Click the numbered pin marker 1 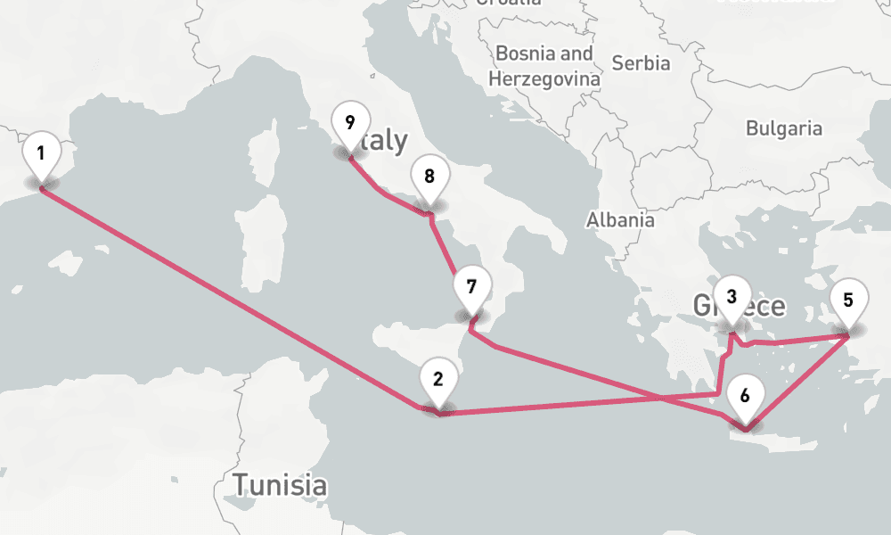41,152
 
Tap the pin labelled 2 437,379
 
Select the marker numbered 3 732,297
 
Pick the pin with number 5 848,300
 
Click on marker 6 746,394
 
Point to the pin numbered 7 471,287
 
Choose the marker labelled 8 429,176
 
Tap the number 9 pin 350,122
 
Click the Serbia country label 642,63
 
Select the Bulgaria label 784,128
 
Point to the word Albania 620,220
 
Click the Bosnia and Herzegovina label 544,66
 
